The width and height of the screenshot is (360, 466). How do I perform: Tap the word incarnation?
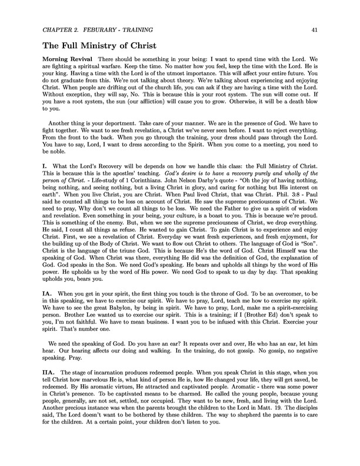point(115,373)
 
